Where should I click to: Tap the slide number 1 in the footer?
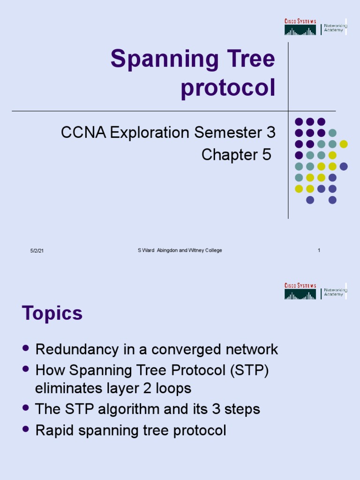(319, 250)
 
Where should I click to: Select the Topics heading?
(52, 313)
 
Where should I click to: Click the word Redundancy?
(76, 349)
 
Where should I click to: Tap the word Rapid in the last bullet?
(52, 430)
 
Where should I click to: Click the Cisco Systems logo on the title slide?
(300, 27)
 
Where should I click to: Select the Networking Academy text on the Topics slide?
(335, 292)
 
